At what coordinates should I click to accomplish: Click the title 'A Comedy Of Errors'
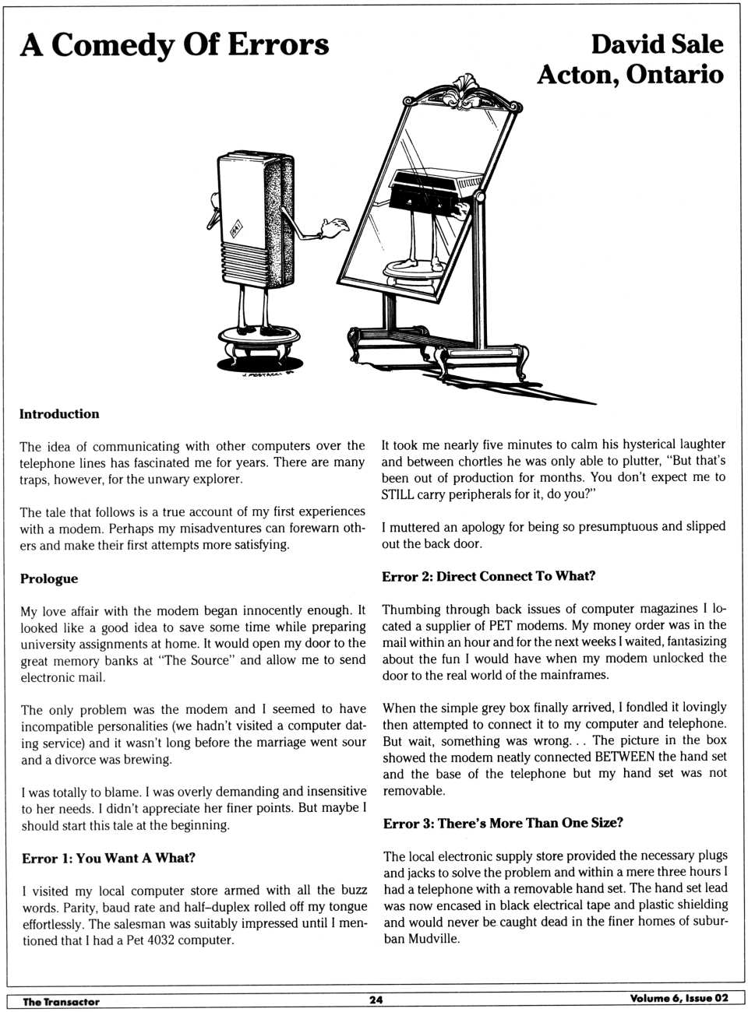(x=175, y=45)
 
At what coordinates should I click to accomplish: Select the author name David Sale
(x=656, y=44)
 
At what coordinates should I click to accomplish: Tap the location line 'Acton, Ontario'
(x=630, y=75)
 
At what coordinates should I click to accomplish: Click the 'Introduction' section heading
(x=59, y=414)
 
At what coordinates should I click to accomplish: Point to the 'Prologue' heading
(x=49, y=578)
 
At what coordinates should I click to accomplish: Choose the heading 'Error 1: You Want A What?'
(x=108, y=858)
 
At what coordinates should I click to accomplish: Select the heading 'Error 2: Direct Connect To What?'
(x=489, y=576)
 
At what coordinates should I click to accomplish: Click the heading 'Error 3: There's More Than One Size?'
(x=503, y=823)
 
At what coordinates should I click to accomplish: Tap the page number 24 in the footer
(x=376, y=1000)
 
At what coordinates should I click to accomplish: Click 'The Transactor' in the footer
(x=61, y=1002)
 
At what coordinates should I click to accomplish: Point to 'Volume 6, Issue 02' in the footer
(x=679, y=999)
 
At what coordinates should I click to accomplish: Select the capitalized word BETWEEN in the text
(x=624, y=757)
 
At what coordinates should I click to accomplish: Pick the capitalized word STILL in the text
(x=397, y=494)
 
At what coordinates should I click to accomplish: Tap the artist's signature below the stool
(x=263, y=372)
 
